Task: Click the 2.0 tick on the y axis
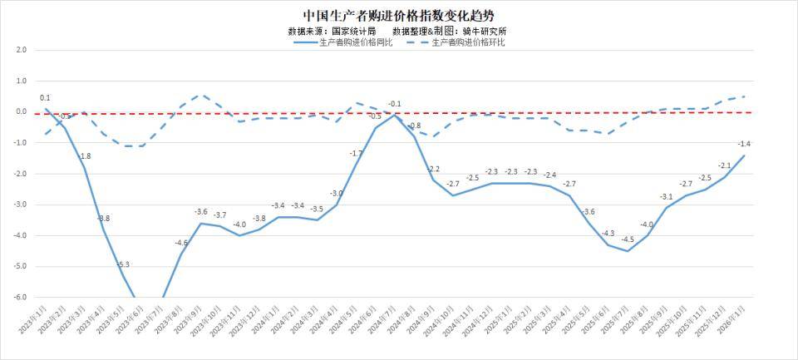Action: pos(21,50)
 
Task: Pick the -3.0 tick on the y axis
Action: pos(20,205)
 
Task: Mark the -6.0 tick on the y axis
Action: pos(20,297)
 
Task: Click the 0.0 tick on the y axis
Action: pos(21,111)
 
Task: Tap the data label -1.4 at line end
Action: pos(744,144)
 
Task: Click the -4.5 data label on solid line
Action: pos(628,239)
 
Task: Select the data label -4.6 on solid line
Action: pos(181,243)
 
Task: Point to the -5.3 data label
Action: pos(123,264)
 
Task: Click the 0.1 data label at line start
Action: pos(45,98)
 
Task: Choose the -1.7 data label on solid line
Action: pos(356,154)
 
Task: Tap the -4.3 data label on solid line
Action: pos(608,234)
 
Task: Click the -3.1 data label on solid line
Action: pos(667,196)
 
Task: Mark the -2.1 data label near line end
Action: pos(724,165)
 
